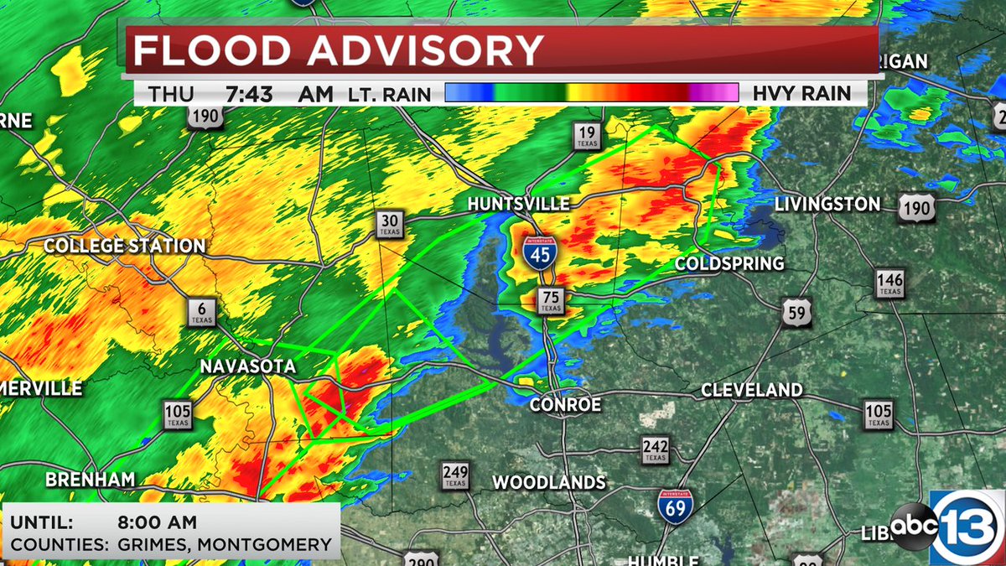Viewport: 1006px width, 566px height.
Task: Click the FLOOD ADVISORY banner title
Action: pyautogui.click(x=340, y=51)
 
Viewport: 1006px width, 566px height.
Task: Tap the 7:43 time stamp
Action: pyautogui.click(x=249, y=94)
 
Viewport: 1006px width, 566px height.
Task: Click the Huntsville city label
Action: pyautogui.click(x=518, y=204)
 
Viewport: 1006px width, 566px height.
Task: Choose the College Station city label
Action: pyautogui.click(x=124, y=246)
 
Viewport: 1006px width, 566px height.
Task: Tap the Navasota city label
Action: pyautogui.click(x=247, y=366)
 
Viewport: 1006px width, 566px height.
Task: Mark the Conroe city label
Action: pyautogui.click(x=566, y=405)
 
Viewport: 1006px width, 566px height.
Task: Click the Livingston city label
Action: pyautogui.click(x=827, y=204)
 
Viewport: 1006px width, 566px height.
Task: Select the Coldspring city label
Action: pyautogui.click(x=730, y=263)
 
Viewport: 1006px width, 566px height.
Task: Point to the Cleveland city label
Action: pyautogui.click(x=751, y=390)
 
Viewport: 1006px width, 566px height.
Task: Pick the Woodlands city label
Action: pyautogui.click(x=548, y=482)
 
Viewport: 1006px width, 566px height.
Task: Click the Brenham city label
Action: pyautogui.click(x=91, y=480)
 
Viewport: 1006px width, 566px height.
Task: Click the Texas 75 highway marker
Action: pyautogui.click(x=551, y=301)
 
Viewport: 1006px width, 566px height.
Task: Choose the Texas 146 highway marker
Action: pyautogui.click(x=889, y=284)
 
